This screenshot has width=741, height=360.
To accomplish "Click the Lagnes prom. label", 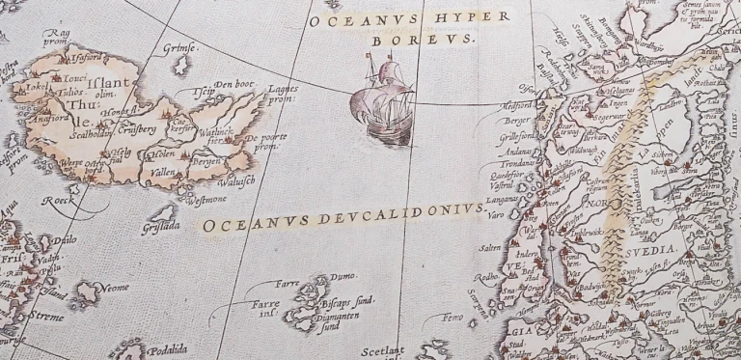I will pyautogui.click(x=281, y=92).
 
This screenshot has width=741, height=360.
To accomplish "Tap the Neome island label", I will pyautogui.click(x=115, y=286).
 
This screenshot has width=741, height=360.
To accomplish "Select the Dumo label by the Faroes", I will pyautogui.click(x=345, y=279).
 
